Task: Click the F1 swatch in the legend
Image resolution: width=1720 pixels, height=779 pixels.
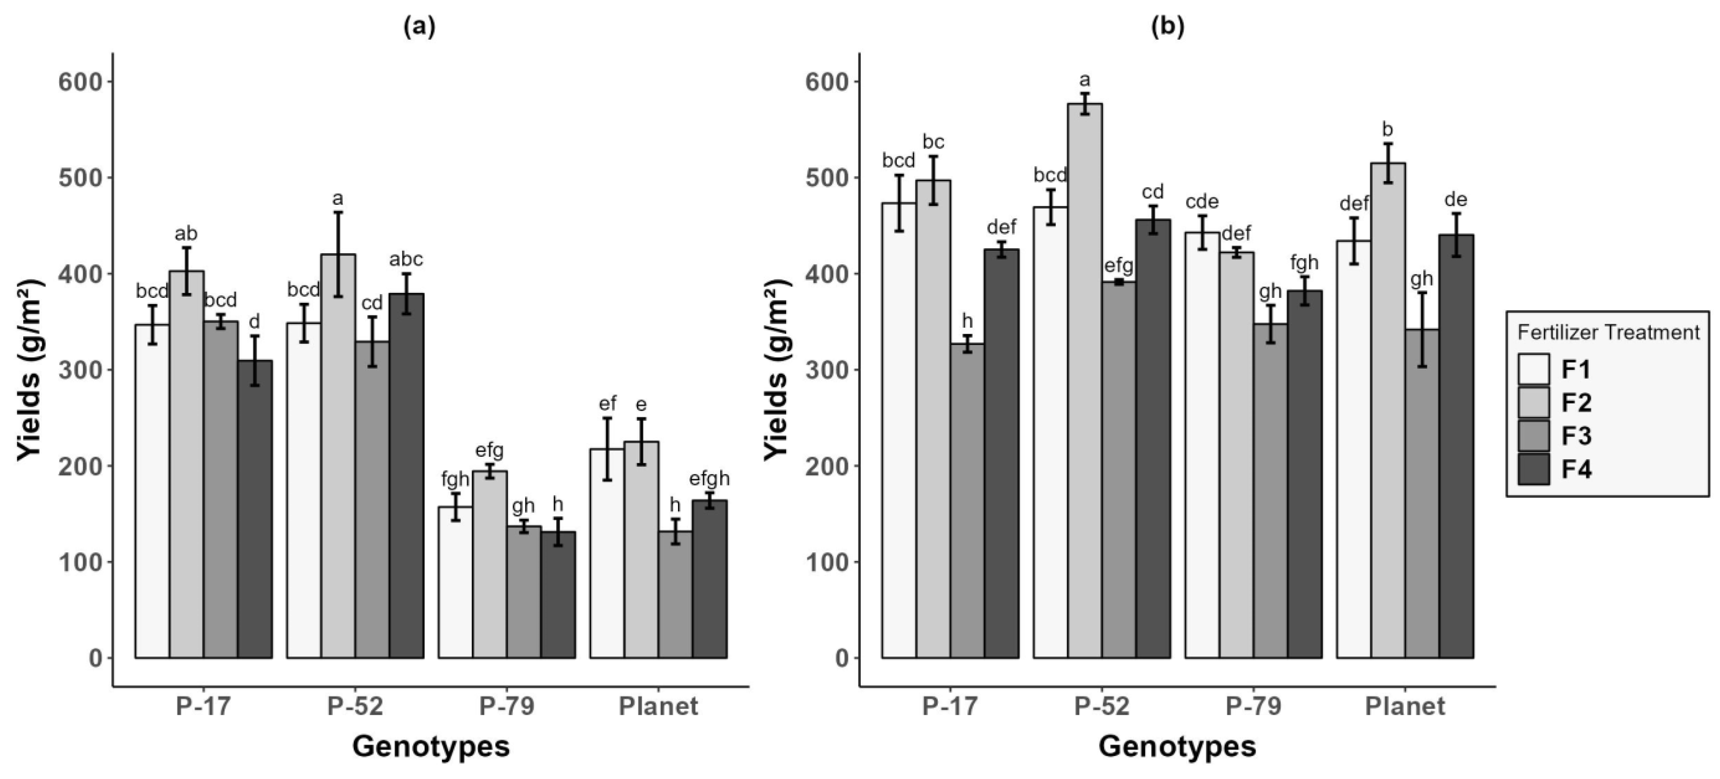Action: (1534, 369)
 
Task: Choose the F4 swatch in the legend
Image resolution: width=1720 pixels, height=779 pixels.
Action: (1534, 469)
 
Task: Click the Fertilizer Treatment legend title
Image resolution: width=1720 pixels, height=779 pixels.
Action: (1608, 332)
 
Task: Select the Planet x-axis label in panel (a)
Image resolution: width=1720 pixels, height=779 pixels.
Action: (658, 706)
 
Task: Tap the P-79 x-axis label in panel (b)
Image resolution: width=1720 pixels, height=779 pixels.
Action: (1253, 706)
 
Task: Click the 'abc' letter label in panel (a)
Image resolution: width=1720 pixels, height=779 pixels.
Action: (406, 259)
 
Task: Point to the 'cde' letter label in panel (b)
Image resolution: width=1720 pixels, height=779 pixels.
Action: (1202, 201)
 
